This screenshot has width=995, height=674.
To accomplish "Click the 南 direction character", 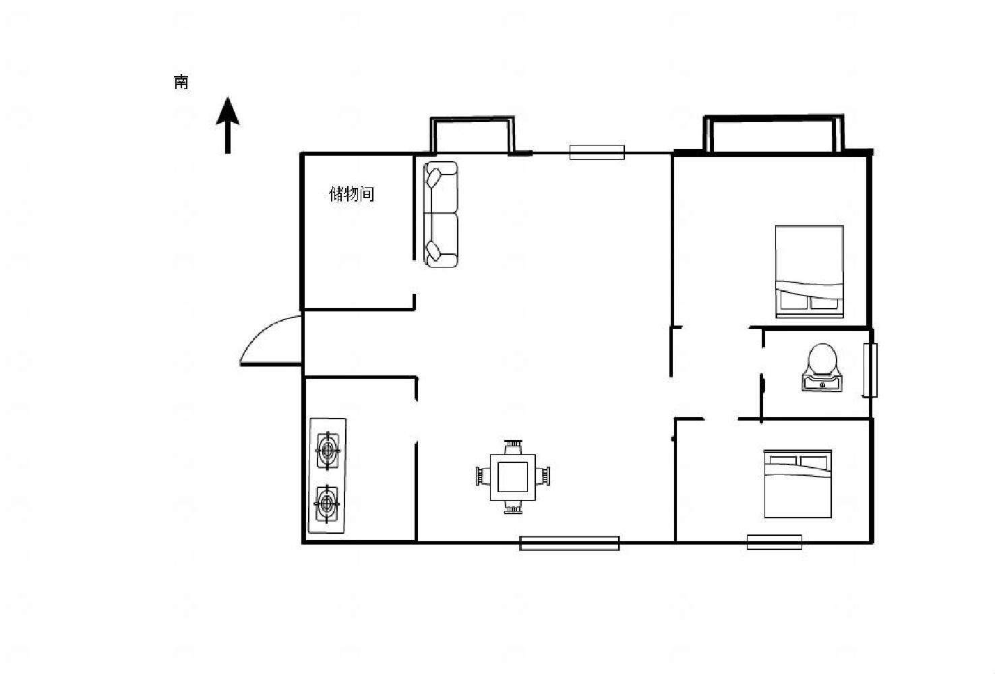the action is point(181,82).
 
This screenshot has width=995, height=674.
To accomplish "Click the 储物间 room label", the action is point(351,194).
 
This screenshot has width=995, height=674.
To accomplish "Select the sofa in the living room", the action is point(441,214).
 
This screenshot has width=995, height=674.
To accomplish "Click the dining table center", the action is point(512,477).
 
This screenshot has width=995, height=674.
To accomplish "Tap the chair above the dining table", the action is point(513,447).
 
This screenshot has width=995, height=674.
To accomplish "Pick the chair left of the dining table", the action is point(483,476).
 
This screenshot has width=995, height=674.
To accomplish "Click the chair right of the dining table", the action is point(543,476).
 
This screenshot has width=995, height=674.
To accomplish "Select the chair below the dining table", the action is point(513,507).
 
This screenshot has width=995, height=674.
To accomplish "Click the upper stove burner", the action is point(328,451).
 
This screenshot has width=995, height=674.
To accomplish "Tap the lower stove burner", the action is point(327,503).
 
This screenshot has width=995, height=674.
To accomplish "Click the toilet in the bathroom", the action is point(822,367).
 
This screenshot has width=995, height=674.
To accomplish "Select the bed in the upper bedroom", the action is point(810,272).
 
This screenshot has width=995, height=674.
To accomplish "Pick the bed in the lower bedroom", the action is point(797,483).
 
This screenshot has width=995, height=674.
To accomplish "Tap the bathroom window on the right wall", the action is point(870,370).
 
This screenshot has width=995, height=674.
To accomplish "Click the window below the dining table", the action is point(570,543).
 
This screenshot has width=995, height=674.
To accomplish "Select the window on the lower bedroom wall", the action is point(775,542).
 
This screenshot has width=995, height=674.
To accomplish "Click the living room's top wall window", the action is point(597,152).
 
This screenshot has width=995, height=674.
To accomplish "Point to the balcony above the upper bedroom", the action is point(773,133).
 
